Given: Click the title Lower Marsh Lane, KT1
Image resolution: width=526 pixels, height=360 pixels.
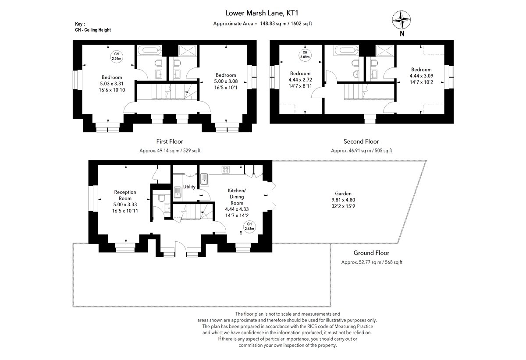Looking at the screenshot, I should [263, 14].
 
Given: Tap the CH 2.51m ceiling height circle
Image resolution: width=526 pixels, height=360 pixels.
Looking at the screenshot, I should [116, 56].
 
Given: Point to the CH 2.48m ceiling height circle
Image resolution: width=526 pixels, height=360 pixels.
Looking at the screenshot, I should [249, 226].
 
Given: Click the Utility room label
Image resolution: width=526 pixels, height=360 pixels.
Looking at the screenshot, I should [189, 187].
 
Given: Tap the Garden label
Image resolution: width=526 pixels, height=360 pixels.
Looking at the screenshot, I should [343, 193].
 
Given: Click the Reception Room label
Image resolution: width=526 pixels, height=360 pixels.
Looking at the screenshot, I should [125, 195].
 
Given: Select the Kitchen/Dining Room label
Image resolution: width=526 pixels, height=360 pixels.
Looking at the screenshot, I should [237, 197].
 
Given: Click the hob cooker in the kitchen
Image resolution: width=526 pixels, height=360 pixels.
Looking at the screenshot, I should [226, 169].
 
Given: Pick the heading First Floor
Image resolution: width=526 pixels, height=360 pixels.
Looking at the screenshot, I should [170, 141].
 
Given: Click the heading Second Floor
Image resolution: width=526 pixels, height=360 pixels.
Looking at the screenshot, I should [361, 141].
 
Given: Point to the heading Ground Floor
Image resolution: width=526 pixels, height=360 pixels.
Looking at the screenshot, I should [371, 253].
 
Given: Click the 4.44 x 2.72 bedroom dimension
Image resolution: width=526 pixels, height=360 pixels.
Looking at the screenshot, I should [300, 80].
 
